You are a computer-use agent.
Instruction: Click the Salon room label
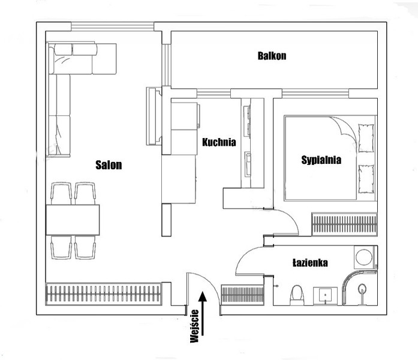pyautogui.click(x=109, y=165)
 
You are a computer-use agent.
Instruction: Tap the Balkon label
pyautogui.click(x=272, y=56)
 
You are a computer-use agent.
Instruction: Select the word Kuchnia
pyautogui.click(x=219, y=142)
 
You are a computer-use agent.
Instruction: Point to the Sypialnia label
pyautogui.click(x=321, y=160)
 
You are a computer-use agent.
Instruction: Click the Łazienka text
pyautogui.click(x=310, y=263)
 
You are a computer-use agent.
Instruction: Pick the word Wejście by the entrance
pyautogui.click(x=194, y=326)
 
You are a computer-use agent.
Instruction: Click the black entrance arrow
pyautogui.click(x=203, y=313)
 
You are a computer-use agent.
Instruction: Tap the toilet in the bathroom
pyautogui.click(x=297, y=295)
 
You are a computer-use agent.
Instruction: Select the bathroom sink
pyautogui.click(x=325, y=296)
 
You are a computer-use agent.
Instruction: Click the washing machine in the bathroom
pyautogui.click(x=364, y=257)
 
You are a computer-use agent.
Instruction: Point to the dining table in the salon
pyautogui.click(x=73, y=220)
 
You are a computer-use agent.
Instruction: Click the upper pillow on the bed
pyautogui.click(x=366, y=138)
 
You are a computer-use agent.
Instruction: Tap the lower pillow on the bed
pyautogui.click(x=366, y=179)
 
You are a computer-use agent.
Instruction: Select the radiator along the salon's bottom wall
pyautogui.click(x=104, y=293)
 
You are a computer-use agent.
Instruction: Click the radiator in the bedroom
pyautogui.click(x=344, y=224)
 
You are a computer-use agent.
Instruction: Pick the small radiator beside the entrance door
pyautogui.click(x=242, y=295)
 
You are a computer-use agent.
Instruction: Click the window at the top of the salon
pyautogui.click(x=113, y=26)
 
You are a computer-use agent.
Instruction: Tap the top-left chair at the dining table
pyautogui.click(x=61, y=193)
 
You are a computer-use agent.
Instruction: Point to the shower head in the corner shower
pyautogui.click(x=362, y=289)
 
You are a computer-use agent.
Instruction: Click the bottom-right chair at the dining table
pyautogui.click(x=85, y=247)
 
